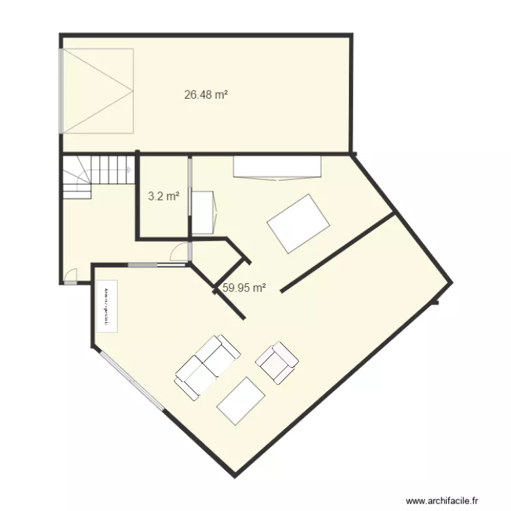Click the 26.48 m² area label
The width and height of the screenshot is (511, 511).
(x=206, y=95)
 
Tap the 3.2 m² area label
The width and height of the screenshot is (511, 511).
(x=164, y=197)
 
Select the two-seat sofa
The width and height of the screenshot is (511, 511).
(x=208, y=366)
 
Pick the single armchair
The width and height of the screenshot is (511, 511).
(x=277, y=362)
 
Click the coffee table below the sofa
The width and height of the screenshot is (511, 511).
(x=241, y=401)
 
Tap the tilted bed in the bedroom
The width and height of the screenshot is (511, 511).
(x=299, y=223)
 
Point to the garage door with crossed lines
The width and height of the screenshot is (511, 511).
(x=97, y=91)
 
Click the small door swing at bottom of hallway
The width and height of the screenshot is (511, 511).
(x=71, y=276)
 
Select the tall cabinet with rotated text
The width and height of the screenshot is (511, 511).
(x=107, y=306)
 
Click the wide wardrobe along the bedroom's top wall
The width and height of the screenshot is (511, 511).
(x=277, y=168)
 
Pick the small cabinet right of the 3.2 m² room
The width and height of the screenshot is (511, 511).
(x=204, y=213)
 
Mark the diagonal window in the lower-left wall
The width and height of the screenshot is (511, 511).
(x=130, y=380)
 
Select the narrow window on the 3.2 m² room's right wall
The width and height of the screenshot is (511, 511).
(x=189, y=198)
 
